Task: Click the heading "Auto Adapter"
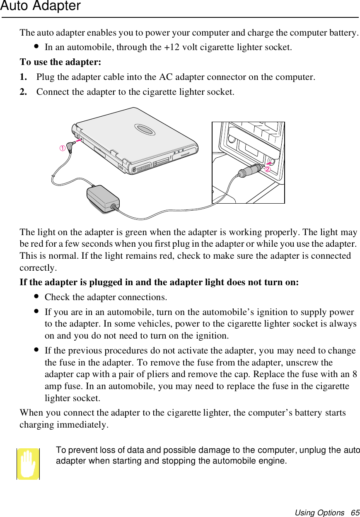[x=40, y=6]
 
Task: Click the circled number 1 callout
[x=62, y=148]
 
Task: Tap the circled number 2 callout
[x=268, y=169]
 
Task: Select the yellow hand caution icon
[x=28, y=464]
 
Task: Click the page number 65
[x=355, y=513]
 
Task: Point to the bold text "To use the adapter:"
[x=60, y=62]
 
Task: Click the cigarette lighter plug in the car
[x=250, y=171]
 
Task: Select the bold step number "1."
[x=24, y=77]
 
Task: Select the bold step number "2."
[x=24, y=92]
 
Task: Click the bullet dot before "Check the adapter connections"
[x=37, y=297]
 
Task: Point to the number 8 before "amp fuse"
[x=354, y=375]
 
